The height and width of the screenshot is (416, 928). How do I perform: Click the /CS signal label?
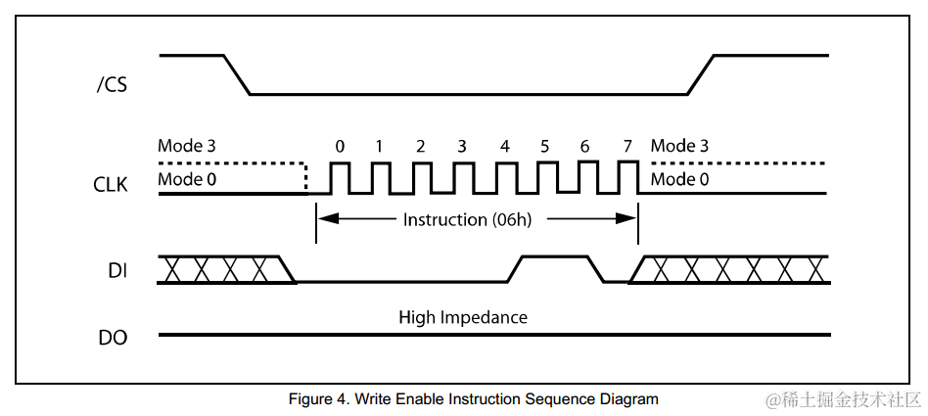click(113, 85)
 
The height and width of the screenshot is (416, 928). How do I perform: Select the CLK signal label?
click(111, 184)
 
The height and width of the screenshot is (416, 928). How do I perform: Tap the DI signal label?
click(117, 270)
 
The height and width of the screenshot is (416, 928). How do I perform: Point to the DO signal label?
click(113, 340)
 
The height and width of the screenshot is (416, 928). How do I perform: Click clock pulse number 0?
click(340, 178)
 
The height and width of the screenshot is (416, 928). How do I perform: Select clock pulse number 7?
click(627, 178)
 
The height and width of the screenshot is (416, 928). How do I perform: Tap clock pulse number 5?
click(545, 178)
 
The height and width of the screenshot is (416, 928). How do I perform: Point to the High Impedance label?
click(463, 317)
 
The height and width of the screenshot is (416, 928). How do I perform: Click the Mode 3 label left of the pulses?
click(187, 146)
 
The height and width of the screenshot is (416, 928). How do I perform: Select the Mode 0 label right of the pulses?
click(680, 179)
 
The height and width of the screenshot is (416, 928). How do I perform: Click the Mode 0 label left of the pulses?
click(187, 179)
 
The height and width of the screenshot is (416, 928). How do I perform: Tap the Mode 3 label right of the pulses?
click(680, 146)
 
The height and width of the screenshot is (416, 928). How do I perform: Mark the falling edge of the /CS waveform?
click(237, 74)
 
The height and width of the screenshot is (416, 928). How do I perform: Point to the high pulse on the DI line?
click(554, 257)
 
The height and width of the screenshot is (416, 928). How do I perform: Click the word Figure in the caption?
click(309, 399)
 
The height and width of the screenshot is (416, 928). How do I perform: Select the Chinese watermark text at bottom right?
click(844, 399)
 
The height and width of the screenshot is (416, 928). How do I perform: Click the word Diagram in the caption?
click(630, 399)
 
